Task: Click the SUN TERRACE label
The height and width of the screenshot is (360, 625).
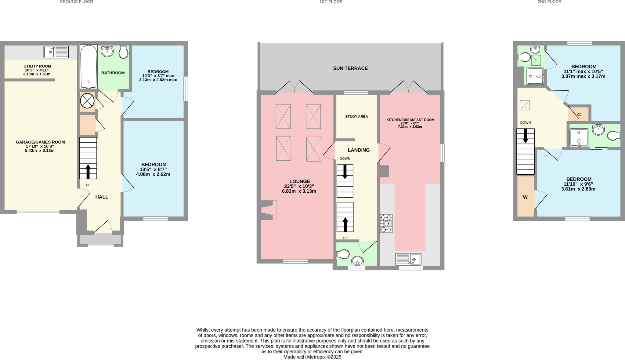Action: (x=350, y=68)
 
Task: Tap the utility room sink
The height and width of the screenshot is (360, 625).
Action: (x=56, y=52)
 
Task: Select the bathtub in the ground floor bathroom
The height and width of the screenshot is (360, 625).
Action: (x=89, y=67)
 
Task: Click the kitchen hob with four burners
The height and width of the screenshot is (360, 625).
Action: (x=386, y=224)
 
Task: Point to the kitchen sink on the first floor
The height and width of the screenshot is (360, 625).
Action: (x=408, y=259)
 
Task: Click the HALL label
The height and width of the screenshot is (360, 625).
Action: (x=102, y=197)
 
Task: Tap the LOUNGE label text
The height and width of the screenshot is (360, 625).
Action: (x=300, y=181)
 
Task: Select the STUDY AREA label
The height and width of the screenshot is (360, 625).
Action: (x=356, y=117)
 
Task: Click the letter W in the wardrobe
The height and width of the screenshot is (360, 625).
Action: (x=525, y=197)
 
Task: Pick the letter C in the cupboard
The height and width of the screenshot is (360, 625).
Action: (x=579, y=115)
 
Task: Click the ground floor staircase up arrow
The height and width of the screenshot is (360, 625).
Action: (x=88, y=172)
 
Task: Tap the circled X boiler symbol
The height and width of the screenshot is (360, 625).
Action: (x=87, y=101)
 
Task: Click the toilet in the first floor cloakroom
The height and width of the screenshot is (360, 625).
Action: (x=343, y=254)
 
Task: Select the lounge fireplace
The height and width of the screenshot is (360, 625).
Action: (x=269, y=210)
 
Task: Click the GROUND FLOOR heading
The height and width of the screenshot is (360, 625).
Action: (x=76, y=2)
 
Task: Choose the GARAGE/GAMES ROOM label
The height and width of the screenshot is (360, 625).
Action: (x=40, y=142)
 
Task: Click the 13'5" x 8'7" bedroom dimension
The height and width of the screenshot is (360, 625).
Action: (x=153, y=169)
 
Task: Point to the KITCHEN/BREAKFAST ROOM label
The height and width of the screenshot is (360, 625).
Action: (x=410, y=120)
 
